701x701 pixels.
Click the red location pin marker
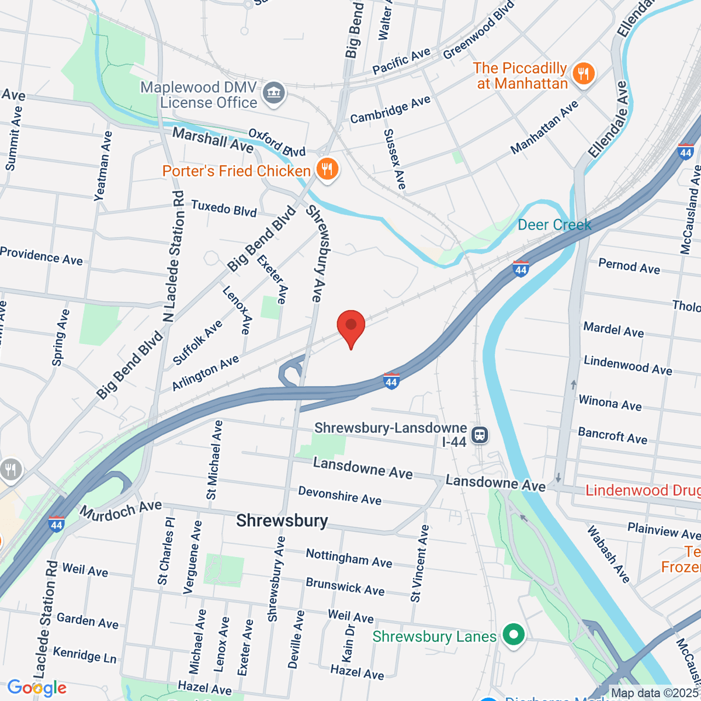coord(351,326)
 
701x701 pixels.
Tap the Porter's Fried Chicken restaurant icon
coord(328,170)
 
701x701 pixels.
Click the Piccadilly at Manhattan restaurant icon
coord(583,74)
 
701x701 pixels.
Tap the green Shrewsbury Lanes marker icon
coord(513,636)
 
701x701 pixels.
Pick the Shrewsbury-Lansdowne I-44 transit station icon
coord(480,435)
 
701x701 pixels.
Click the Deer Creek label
coord(554,225)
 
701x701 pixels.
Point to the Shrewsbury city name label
coord(282,520)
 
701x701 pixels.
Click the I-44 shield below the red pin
coord(391,381)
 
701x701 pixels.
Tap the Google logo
coord(37,688)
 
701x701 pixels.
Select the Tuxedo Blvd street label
coord(224,209)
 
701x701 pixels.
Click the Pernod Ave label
coord(629,266)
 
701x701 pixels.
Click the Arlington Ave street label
coord(206,373)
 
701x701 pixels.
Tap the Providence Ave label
coord(41,256)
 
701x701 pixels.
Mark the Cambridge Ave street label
coord(390,110)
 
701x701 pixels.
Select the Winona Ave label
coord(610,403)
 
